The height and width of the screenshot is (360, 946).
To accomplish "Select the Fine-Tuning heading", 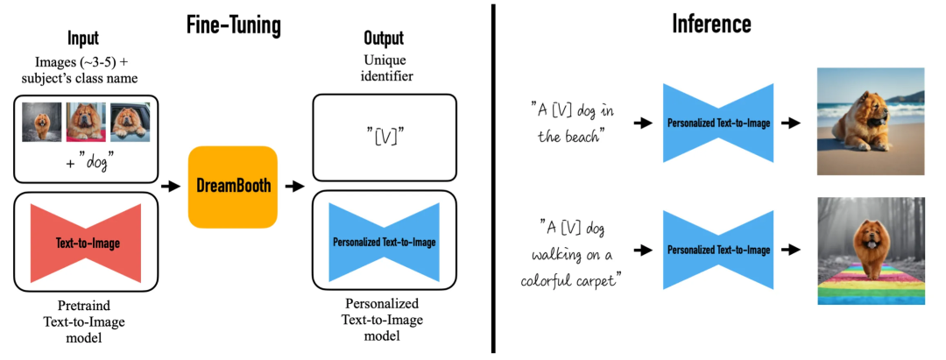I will point(233,25).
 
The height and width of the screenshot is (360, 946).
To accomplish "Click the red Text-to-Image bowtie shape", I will point(86,242).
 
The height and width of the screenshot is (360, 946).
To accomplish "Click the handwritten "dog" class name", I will point(91,163).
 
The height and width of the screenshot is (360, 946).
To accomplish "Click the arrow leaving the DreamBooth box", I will point(295,187).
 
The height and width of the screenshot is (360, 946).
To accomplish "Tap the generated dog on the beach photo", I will point(870,122).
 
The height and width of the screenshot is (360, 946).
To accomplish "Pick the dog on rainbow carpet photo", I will point(870,250).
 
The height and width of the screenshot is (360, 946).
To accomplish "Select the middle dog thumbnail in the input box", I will point(86,123).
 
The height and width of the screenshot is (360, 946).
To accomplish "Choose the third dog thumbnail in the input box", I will point(130,123).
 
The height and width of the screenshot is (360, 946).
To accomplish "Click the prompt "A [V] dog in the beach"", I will point(575,124).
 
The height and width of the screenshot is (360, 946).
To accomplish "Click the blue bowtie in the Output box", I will point(384,242).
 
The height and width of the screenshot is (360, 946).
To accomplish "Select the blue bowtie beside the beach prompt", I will point(718,124).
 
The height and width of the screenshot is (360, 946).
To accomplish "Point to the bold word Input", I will point(83,39).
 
